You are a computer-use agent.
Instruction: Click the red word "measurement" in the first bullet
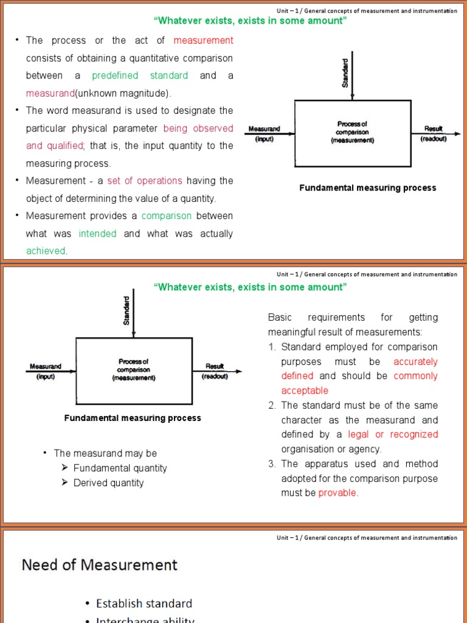coord(203,40)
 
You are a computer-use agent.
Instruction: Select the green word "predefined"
coord(115,75)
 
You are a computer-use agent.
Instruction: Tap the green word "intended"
coord(97,234)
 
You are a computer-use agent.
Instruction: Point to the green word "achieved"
coord(46,251)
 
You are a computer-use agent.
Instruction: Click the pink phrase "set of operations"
coord(145,181)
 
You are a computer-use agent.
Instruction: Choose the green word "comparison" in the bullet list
coord(167,216)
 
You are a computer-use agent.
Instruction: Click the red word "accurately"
coord(415,361)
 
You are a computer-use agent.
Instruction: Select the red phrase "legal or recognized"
coord(393,434)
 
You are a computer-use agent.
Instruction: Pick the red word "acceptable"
coord(305,391)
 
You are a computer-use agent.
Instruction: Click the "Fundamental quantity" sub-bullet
coord(120,468)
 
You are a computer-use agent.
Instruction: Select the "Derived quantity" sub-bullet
coord(108,482)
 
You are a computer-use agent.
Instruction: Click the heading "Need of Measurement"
coord(100,565)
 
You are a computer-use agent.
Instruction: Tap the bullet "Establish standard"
coord(144,603)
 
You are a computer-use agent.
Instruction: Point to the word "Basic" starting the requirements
coord(280,318)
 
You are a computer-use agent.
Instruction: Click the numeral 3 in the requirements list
coord(272,464)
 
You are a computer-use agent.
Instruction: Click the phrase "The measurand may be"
coord(105,453)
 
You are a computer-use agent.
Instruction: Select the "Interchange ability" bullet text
coord(145,619)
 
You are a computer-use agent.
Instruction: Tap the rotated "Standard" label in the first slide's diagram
coord(345,73)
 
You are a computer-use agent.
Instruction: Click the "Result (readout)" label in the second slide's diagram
coord(215,371)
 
